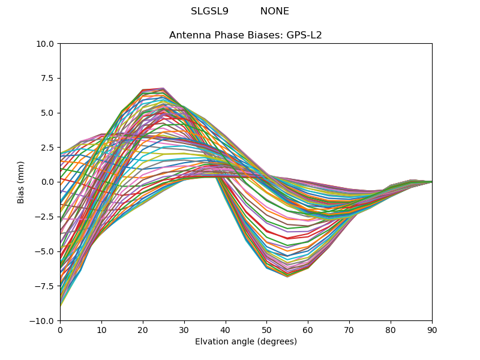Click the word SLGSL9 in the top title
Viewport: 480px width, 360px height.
click(209, 11)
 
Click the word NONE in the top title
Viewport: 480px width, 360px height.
click(275, 11)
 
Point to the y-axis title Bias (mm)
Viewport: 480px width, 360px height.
click(21, 182)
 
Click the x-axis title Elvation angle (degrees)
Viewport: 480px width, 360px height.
click(246, 342)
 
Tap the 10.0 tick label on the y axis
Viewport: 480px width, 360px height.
click(46, 44)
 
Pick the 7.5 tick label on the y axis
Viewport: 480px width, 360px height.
click(48, 78)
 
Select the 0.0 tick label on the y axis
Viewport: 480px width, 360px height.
click(48, 182)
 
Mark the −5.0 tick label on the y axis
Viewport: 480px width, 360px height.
click(46, 251)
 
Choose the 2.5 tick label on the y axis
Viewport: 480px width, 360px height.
click(48, 148)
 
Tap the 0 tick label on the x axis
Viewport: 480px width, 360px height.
click(60, 329)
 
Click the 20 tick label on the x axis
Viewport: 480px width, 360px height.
click(143, 329)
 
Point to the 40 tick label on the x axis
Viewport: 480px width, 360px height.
click(226, 329)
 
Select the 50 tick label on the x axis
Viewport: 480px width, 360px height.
click(266, 329)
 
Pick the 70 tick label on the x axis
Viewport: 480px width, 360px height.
click(349, 329)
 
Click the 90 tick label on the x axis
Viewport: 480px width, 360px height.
click(432, 329)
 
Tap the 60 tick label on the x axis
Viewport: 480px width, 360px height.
click(308, 329)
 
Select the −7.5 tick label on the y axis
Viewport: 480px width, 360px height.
click(46, 286)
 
